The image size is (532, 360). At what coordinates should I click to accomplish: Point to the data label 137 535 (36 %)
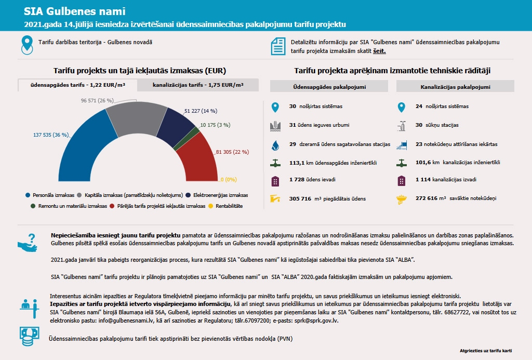[51, 135]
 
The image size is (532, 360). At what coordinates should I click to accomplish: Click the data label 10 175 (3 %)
[215, 125]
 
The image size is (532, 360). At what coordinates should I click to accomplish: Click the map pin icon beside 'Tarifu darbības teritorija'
[26, 45]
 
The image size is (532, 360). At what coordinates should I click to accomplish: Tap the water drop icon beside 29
[275, 144]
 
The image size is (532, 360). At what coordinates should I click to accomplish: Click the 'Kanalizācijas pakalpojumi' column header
[455, 87]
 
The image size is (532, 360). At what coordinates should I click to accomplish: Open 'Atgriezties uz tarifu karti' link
[486, 351]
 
